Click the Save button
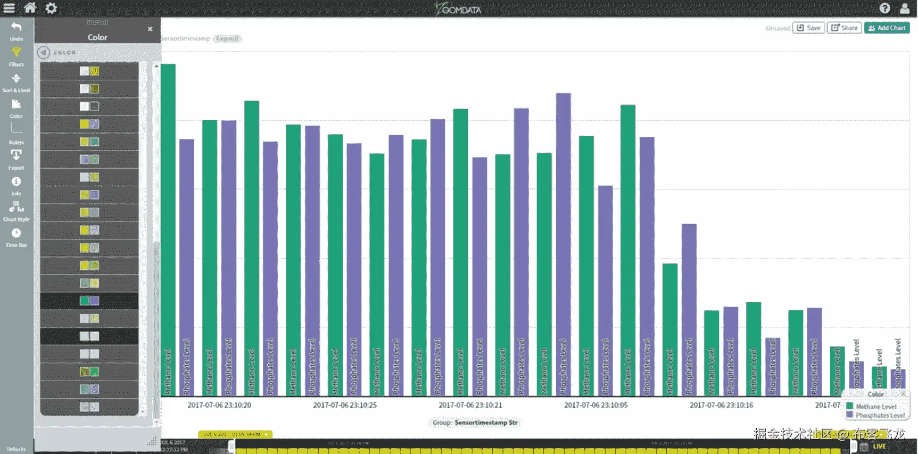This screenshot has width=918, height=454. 808,28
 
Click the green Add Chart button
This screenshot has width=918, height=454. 887,28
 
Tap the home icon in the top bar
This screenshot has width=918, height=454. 30,8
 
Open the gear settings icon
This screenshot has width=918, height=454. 51,8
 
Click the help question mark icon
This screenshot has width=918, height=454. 884,8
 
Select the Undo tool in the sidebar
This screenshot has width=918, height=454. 16,30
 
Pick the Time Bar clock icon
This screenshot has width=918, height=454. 16,236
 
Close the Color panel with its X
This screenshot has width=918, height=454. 150,29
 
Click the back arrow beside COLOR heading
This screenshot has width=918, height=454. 44,52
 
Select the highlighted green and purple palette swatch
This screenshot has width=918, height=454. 89,301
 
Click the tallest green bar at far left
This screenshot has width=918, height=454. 168,229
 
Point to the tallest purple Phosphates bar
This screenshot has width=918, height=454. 564,245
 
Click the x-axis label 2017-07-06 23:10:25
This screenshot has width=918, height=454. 345,405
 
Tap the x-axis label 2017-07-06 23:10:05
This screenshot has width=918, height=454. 596,405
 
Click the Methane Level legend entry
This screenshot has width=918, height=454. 875,407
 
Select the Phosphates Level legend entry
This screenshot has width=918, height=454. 880,415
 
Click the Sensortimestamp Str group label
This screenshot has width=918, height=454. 486,423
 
